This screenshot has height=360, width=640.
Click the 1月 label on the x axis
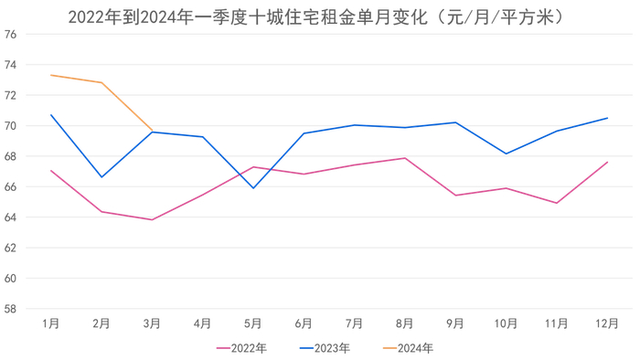coord(51,323)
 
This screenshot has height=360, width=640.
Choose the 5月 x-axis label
coord(253,323)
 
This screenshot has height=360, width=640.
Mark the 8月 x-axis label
coord(405,323)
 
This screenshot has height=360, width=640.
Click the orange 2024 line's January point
coord(51,75)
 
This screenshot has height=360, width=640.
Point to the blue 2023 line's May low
coord(253,188)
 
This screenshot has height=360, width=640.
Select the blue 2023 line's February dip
coord(101,177)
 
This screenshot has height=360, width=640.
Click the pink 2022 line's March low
coord(152,220)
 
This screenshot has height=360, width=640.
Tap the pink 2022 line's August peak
coord(405,158)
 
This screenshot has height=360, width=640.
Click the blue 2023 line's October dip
coord(506,154)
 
